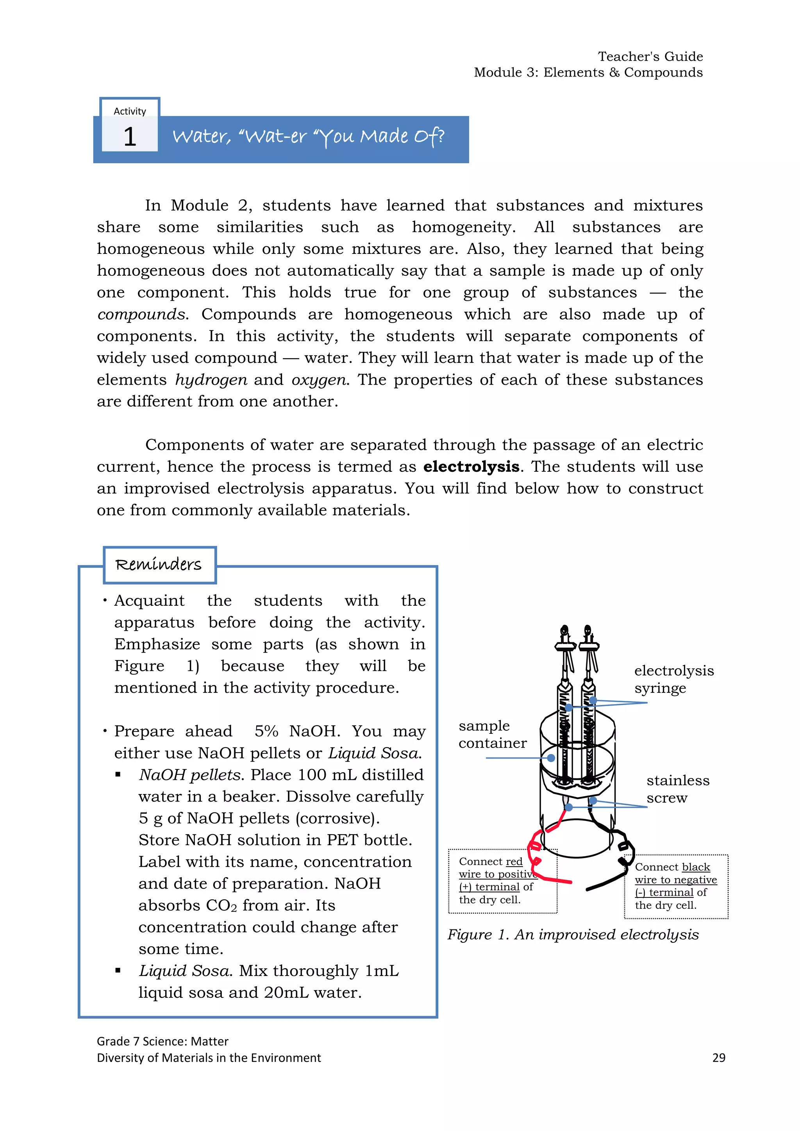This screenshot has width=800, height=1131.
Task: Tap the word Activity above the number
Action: coord(130,111)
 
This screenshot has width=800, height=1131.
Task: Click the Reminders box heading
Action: coord(159,564)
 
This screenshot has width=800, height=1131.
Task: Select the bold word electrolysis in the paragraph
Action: coord(471,466)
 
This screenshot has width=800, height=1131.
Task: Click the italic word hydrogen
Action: coord(211,380)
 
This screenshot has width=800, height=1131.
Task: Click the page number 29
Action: coord(719,1058)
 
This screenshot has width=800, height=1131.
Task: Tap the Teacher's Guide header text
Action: coord(650,57)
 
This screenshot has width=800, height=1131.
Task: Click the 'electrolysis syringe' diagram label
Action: coord(673,679)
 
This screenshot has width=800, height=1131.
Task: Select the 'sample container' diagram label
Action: coord(492,735)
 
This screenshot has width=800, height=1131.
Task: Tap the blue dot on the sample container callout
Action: coord(551,758)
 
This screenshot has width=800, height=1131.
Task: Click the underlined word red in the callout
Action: coord(514,862)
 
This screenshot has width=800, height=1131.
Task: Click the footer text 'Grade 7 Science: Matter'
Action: coord(162,1041)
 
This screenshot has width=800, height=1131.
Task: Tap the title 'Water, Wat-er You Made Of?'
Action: coord(308,136)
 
